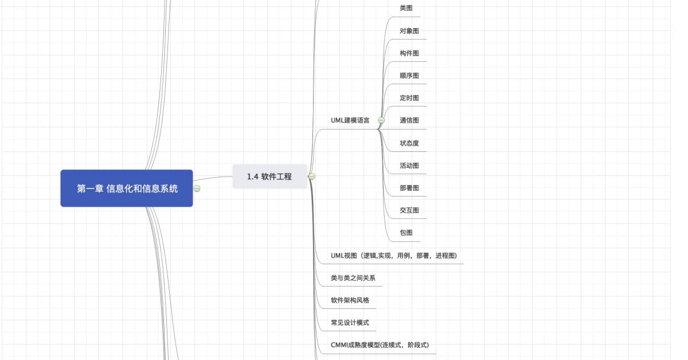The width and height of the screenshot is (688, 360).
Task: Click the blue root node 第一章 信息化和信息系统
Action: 127,188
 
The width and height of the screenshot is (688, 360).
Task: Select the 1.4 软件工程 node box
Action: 269,177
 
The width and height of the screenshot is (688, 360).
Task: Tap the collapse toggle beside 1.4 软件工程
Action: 312,177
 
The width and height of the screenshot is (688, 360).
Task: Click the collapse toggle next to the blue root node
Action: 197,189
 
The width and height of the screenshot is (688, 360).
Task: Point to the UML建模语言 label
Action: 350,120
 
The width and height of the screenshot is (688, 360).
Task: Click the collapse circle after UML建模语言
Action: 381,120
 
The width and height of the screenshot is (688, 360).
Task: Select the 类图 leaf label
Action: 406,8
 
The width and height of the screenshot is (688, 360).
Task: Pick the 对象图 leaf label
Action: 409,31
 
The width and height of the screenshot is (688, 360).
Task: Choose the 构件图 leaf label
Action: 409,53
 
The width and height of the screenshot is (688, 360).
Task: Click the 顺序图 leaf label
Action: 409,76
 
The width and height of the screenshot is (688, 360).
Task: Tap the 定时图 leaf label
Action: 409,98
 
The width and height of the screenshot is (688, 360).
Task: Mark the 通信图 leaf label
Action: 409,120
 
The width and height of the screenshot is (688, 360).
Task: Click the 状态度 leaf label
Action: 409,143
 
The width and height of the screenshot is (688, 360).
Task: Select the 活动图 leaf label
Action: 409,166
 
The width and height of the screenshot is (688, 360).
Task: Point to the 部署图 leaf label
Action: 409,188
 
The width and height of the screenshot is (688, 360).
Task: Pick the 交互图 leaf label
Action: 409,210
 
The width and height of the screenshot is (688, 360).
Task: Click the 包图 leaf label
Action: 406,233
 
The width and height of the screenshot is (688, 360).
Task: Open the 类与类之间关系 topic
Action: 353,278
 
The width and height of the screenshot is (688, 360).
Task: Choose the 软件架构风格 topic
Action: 350,300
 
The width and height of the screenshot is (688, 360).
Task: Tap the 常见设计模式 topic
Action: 350,323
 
